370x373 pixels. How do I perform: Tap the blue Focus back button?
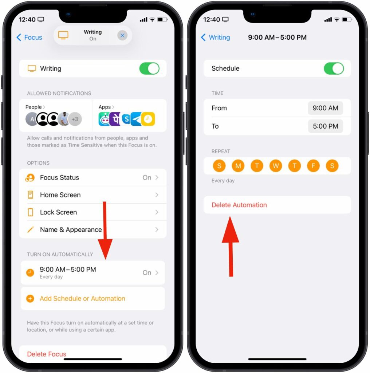click(29, 38)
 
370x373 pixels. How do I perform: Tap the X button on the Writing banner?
click(122, 35)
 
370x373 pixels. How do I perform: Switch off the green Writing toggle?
click(149, 68)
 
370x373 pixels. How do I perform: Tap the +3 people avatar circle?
click(75, 119)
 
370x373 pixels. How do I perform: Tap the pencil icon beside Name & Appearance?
click(31, 229)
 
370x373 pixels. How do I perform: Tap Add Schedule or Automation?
click(82, 298)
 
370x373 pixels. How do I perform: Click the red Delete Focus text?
click(47, 354)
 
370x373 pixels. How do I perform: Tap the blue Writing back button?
click(216, 38)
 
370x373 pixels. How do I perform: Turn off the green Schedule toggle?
click(334, 68)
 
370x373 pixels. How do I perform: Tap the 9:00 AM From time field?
click(325, 108)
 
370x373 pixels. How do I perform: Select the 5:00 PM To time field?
click(325, 126)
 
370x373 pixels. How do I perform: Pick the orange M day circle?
click(238, 166)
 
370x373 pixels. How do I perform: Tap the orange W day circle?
click(276, 166)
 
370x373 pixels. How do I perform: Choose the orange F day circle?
click(313, 166)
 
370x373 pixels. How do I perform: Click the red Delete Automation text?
click(239, 205)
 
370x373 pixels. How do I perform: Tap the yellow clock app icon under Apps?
click(148, 119)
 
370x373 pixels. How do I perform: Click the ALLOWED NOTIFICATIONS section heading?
click(59, 93)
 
